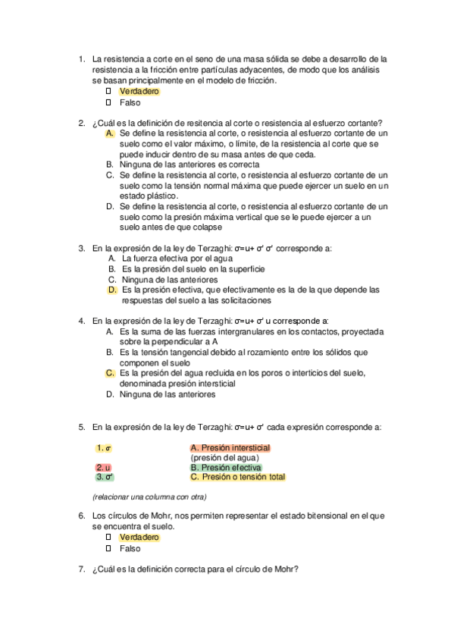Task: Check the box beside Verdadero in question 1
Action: (108, 91)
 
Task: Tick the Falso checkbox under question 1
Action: (108, 102)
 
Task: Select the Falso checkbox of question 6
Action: (108, 548)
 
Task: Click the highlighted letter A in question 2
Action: (110, 133)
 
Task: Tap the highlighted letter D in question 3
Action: (112, 290)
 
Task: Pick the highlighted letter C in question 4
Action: (110, 373)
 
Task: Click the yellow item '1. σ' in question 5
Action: (105, 448)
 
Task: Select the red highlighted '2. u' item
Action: (104, 468)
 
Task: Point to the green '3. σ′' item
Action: (105, 478)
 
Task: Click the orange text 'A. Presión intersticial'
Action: (230, 448)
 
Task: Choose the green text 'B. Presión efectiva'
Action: (225, 468)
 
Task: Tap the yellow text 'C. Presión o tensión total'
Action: (237, 478)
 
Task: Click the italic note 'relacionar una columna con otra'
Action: (149, 497)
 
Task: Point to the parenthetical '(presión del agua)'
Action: (225, 458)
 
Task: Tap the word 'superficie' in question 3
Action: (243, 268)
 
